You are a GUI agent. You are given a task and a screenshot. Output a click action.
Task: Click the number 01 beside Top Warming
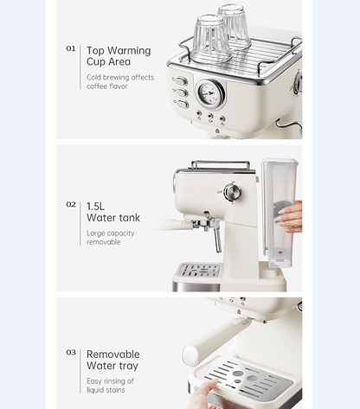71,48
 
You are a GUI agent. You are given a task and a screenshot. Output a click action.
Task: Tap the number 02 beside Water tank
71,204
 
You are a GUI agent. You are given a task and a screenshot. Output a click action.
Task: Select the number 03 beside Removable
71,352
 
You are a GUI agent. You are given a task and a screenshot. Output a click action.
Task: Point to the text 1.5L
95,207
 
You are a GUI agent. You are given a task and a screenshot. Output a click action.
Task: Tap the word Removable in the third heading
113,355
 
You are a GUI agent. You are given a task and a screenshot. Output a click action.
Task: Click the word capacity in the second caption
123,233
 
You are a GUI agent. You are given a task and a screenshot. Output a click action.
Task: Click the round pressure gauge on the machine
210,93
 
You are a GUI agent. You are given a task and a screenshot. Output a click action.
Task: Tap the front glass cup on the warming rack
210,39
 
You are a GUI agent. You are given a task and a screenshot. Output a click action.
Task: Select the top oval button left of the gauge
181,81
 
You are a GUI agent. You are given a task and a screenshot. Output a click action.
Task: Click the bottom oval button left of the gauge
183,104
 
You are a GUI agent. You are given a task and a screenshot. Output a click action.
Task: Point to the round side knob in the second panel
233,192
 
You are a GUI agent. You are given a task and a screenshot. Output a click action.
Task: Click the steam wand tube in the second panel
216,235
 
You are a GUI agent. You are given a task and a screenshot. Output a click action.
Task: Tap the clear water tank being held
280,213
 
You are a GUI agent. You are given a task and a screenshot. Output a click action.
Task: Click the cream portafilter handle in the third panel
215,337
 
